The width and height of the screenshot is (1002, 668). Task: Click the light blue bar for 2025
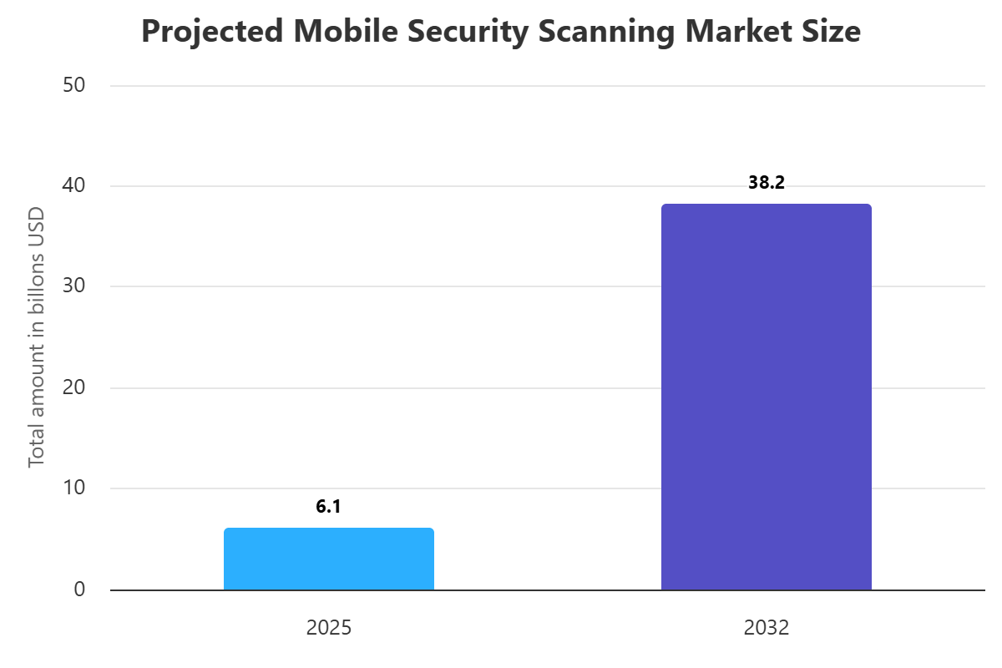(328, 559)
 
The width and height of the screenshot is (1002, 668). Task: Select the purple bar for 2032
(766, 397)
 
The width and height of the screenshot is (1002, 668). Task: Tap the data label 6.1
(328, 506)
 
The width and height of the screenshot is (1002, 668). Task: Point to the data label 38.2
(766, 183)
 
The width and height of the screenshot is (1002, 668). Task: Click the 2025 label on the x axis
(328, 628)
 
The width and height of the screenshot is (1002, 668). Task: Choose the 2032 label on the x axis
(766, 628)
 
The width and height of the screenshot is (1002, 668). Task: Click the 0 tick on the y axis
(79, 590)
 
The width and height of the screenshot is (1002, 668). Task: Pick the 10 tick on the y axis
(74, 488)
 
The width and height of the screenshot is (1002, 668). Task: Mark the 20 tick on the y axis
(74, 387)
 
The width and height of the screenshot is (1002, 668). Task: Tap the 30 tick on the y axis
(74, 286)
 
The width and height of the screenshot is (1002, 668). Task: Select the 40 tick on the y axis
(74, 185)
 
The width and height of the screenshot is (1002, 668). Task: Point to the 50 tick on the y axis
(74, 85)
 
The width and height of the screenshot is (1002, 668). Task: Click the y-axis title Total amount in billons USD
(36, 337)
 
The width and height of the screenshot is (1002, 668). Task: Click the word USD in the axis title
(36, 223)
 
